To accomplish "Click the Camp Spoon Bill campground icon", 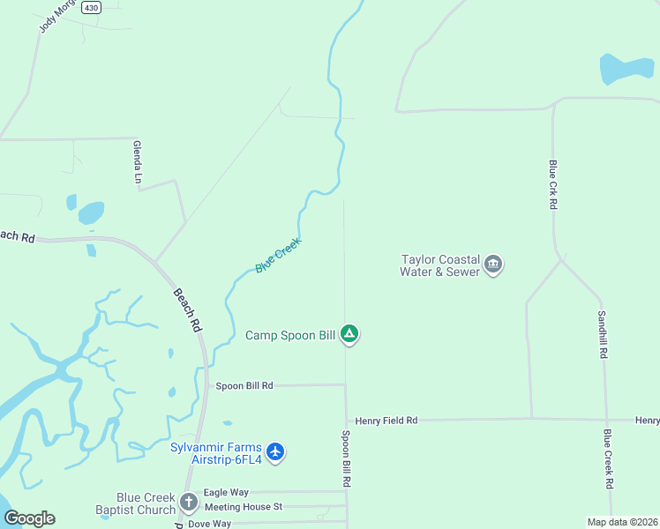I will pos(349,334).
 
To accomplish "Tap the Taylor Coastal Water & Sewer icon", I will pos(493,264).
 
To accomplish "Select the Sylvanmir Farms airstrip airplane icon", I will pos(275,451).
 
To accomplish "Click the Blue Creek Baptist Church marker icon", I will pos(188,503).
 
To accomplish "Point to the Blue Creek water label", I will pos(278,255).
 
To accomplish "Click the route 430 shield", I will pos(91,7).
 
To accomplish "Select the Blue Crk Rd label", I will pos(553,184).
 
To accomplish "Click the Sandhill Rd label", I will pos(603,334).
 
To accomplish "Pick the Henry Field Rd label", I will pos(386,421).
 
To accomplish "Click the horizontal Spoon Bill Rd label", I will pos(244,385).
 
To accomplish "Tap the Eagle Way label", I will pos(226,493).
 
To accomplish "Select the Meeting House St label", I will pos(243,507).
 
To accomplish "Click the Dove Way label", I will pos(209,523).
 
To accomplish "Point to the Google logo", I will pos(29,518).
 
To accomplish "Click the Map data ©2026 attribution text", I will pos(622,522).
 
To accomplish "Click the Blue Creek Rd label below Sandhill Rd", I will pos(608,458).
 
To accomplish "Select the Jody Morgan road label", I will pos(53,18).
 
